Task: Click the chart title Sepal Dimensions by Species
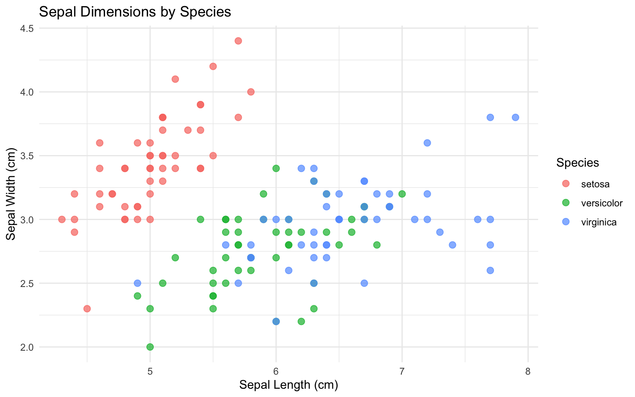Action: click(x=135, y=12)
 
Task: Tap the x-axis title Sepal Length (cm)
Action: click(x=289, y=385)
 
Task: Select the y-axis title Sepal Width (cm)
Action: click(x=11, y=196)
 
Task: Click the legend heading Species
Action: click(x=578, y=163)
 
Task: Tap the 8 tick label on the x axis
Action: click(x=528, y=371)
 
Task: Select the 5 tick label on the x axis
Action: click(x=150, y=371)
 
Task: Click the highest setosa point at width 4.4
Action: click(x=238, y=41)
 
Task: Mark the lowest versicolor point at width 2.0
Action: click(x=150, y=347)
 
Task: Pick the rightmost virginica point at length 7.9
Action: click(x=516, y=117)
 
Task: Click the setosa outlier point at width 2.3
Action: click(x=87, y=309)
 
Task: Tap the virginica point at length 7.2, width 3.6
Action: click(x=427, y=143)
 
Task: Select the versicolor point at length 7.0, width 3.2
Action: click(x=402, y=194)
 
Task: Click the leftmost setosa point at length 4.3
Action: click(x=62, y=219)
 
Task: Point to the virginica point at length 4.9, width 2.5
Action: click(x=137, y=283)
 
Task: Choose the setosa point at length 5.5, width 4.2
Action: click(x=213, y=66)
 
